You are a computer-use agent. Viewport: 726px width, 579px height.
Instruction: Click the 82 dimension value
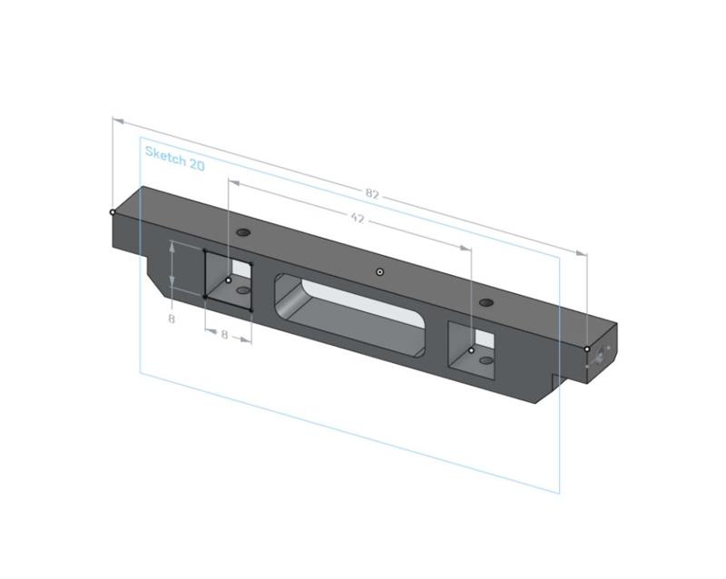pos(372,194)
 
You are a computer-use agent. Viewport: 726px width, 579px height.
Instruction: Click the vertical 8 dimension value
pos(171,319)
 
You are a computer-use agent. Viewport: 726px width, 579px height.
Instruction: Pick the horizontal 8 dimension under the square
pos(224,335)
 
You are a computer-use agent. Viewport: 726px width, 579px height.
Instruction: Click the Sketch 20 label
pos(174,158)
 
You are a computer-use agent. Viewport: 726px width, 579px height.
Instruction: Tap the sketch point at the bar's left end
pos(113,212)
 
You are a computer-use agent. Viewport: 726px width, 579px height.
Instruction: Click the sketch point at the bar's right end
pos(587,349)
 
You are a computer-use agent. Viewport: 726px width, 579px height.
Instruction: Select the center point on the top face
pos(380,272)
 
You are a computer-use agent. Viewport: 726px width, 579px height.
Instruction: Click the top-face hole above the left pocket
pos(243,233)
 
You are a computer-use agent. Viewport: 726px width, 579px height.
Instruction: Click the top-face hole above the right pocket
pos(486,302)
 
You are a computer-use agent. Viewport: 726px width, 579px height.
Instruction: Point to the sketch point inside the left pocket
pos(229,280)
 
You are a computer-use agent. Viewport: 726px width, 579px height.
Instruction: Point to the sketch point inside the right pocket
pos(472,350)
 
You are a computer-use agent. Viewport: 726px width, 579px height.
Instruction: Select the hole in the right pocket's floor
pos(486,360)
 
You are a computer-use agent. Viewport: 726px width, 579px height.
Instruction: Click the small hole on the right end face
pos(600,360)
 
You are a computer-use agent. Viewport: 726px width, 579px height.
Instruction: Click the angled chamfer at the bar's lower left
pos(161,278)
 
